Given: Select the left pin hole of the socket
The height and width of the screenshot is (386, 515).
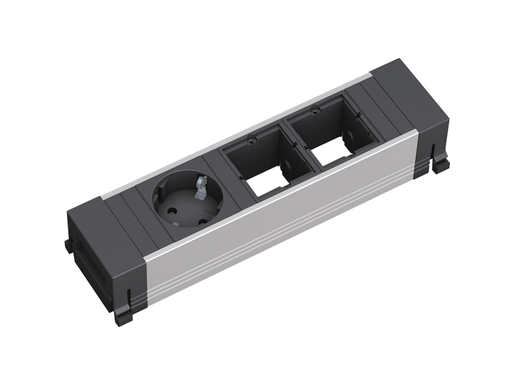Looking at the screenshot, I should click(x=173, y=210).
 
